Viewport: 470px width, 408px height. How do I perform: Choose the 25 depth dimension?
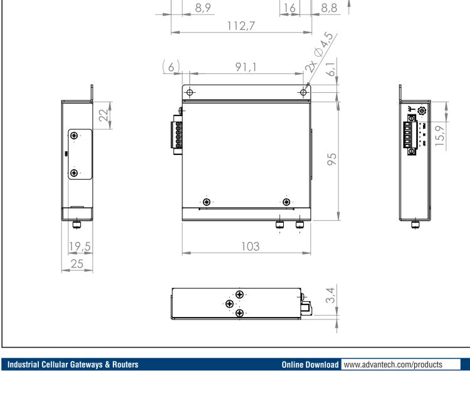point(77,264)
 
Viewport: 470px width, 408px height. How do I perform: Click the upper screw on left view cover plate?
point(75,136)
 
